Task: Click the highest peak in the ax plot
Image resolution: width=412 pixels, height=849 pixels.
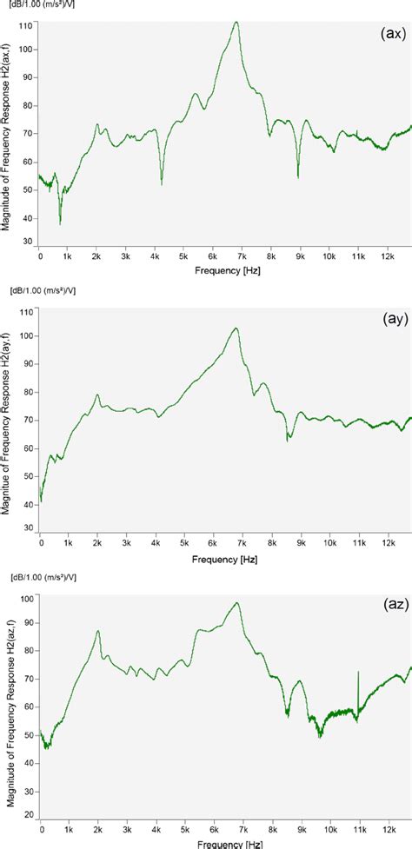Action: (236, 23)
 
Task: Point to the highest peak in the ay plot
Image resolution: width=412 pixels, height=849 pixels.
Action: (236, 328)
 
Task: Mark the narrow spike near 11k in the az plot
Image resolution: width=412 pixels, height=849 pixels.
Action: (357, 672)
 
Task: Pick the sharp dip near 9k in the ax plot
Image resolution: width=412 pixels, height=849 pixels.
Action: (298, 177)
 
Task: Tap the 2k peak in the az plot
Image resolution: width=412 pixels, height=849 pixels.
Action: (98, 631)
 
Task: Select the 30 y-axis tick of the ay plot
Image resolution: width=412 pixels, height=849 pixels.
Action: (30, 527)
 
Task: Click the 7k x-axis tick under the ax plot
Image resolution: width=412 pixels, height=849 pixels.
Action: (241, 257)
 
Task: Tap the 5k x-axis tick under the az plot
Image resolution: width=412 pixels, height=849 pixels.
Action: (183, 830)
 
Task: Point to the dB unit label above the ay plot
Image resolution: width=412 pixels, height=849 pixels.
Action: (46, 289)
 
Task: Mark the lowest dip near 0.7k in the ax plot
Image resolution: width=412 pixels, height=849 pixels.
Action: (60, 223)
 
